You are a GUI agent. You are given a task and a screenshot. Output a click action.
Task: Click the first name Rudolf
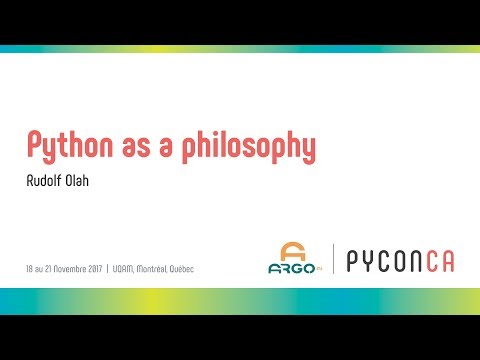click(42, 182)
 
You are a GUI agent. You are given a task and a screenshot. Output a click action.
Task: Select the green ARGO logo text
click(291, 267)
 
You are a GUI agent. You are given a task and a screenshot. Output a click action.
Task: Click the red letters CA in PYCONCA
click(437, 262)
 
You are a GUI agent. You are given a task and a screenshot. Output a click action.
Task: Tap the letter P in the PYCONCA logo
click(354, 262)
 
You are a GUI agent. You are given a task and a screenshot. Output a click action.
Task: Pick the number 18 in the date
click(31, 269)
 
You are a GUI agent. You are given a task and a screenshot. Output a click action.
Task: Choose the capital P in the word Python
click(35, 145)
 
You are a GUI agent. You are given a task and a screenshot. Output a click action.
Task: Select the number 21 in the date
click(50, 269)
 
